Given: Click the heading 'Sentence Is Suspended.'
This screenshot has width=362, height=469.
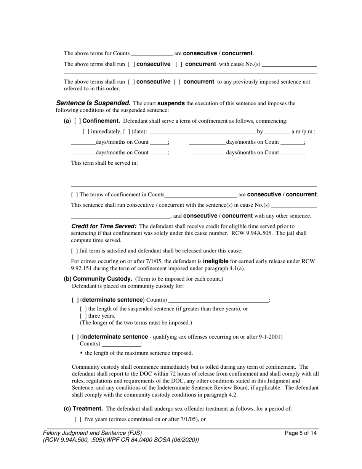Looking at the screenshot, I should point(93,103).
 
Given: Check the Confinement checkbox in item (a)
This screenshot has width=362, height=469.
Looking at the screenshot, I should point(77,121).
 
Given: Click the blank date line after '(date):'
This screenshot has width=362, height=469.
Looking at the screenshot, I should point(203,132).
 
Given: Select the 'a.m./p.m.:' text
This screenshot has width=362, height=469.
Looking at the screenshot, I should point(303,132).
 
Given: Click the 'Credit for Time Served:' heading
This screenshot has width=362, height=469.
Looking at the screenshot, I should point(104,226).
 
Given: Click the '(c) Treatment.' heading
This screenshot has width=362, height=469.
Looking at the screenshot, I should point(83,409).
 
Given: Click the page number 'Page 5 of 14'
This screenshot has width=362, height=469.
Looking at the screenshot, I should point(301,433).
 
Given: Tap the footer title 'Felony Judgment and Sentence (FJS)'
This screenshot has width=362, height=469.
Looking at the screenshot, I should point(92,433).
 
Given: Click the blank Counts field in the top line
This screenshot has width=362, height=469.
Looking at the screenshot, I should point(152,53).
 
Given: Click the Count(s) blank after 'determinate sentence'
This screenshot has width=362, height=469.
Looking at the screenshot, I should point(218,300).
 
